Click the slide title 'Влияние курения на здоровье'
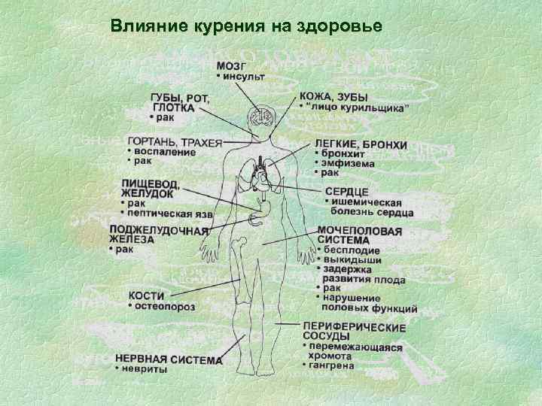point(245,26)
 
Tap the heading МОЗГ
point(232,65)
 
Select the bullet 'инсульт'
point(244,77)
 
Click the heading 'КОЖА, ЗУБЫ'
point(333,97)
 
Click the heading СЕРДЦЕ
point(346,192)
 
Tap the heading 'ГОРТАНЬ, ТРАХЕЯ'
point(175,141)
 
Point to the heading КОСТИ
point(147,295)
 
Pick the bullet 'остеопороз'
point(164,307)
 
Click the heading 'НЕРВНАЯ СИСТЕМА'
point(169,359)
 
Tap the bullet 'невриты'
point(142,370)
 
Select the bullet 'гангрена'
point(330,365)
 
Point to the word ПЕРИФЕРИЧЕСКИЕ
point(355,328)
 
